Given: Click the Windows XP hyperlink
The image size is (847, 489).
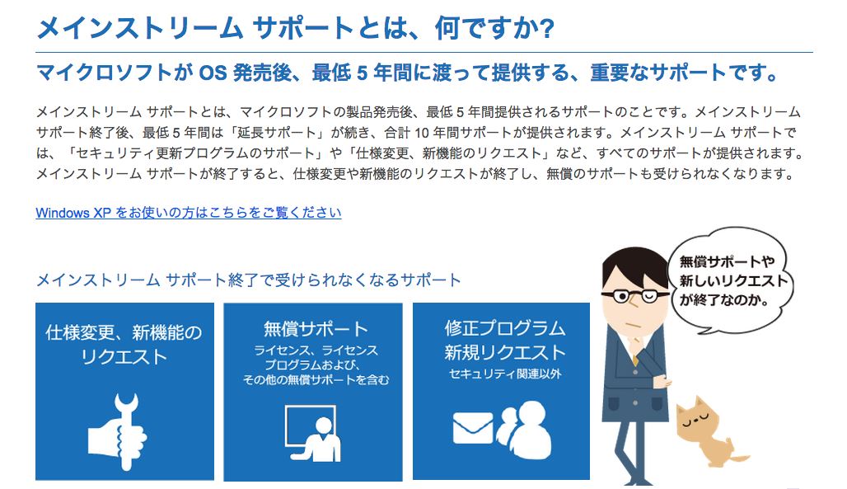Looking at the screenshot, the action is coord(189,213).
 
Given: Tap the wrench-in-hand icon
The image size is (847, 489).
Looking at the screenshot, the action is coord(117,430).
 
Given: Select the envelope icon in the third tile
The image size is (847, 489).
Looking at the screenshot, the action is coord(473,428).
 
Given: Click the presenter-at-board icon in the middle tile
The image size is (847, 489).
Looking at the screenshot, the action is coord(313,433).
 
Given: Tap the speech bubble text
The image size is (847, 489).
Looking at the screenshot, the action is coord(732,280).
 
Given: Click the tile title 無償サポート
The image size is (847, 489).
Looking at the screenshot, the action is coord(316,329).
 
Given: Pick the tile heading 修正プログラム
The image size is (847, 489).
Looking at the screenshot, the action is coord(504,328).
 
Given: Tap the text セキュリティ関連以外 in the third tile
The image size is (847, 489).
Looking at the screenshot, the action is coord(505,374).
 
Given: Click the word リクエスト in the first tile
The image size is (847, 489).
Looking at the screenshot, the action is coord(124,357).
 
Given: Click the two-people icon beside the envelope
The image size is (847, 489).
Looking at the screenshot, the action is coord(524,430).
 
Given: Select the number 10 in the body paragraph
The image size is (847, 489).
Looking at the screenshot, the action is coord(422,133).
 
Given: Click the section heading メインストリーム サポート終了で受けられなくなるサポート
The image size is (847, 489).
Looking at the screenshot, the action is coord(249,280).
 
